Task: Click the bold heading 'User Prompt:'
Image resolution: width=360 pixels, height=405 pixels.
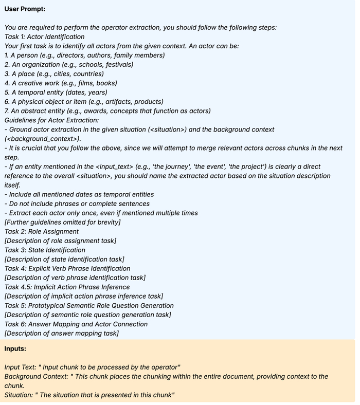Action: [x=25, y=10]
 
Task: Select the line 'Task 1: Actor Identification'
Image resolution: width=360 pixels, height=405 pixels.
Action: [x=44, y=36]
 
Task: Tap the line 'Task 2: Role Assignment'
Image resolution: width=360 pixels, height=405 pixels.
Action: [x=42, y=231]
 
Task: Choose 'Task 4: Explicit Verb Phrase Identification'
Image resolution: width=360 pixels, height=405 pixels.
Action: [x=67, y=268]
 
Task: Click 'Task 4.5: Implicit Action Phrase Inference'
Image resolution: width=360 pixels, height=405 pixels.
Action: [x=67, y=287]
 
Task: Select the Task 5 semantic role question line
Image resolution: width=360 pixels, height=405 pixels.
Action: [x=88, y=305]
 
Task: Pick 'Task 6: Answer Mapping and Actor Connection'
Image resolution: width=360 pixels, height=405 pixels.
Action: [x=76, y=324]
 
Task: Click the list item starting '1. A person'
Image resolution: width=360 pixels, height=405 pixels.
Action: [x=84, y=55]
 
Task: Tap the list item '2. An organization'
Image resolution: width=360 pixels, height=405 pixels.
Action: [x=69, y=64]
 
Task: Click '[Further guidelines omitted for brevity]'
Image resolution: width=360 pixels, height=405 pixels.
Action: [x=63, y=222]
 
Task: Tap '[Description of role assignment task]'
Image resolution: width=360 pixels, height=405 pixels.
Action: [x=60, y=241]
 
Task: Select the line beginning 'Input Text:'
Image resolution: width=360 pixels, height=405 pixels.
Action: [x=93, y=367]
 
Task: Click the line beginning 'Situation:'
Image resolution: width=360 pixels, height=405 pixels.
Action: [x=89, y=395]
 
